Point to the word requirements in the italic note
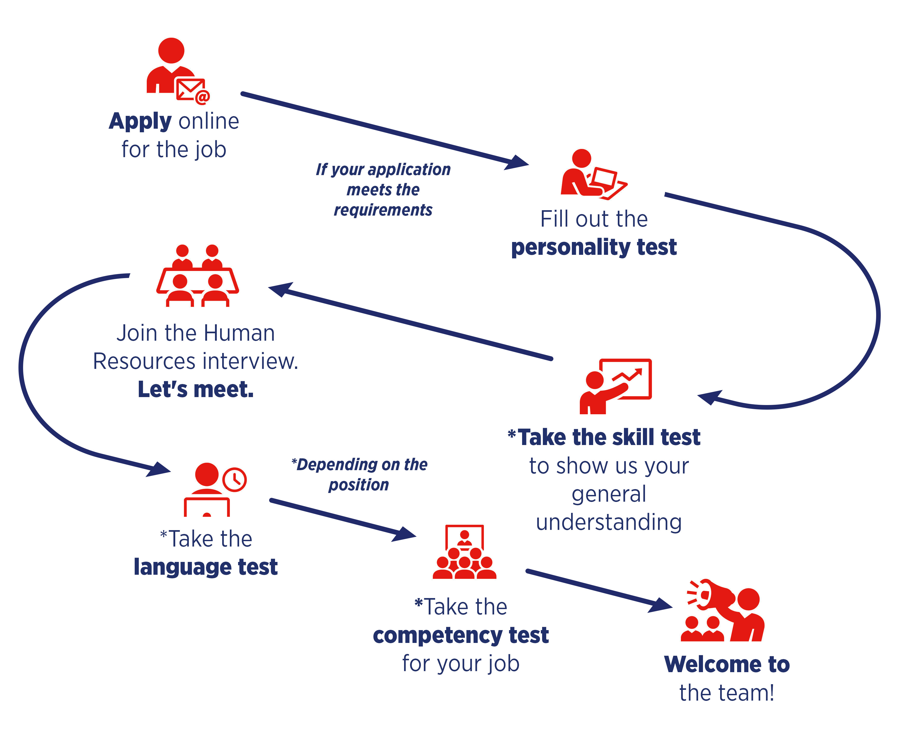pyautogui.click(x=383, y=210)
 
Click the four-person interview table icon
pyautogui.click(x=198, y=276)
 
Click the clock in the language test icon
pyautogui.click(x=234, y=480)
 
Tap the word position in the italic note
pyautogui.click(x=359, y=485)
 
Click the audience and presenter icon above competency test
pyautogui.click(x=464, y=552)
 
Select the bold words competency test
pyautogui.click(x=461, y=635)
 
